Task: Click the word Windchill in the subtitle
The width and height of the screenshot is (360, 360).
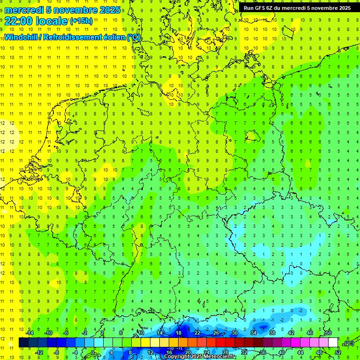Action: pyautogui.click(x=22, y=37)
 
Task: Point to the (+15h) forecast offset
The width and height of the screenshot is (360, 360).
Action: pyautogui.click(x=81, y=21)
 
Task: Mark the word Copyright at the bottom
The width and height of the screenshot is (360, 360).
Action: pyautogui.click(x=177, y=357)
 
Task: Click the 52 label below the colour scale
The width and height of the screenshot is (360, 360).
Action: pyautogui.click(x=338, y=352)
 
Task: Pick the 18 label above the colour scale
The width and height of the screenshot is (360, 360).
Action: pyautogui.click(x=178, y=332)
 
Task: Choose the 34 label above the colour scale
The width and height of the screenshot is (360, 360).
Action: pyautogui.click(x=253, y=332)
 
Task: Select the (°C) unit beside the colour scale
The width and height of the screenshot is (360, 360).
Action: pyautogui.click(x=348, y=343)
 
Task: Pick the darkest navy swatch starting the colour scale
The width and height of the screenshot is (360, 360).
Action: pyautogui.click(x=23, y=343)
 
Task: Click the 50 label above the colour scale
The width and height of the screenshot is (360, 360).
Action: pyautogui.click(x=328, y=332)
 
